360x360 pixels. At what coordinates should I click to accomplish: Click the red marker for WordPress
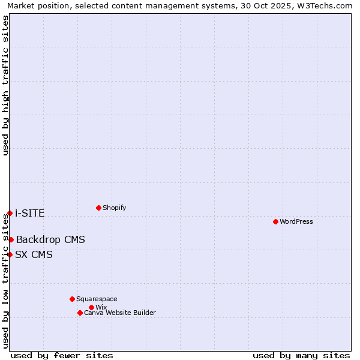tap(275, 221)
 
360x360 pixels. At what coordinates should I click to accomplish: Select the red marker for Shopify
tap(98, 208)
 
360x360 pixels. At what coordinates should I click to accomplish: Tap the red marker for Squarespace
tap(72, 299)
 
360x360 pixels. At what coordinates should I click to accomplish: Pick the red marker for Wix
tap(91, 307)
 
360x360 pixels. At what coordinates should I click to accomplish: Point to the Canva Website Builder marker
tap(80, 313)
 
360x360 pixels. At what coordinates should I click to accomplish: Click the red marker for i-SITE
tap(10, 213)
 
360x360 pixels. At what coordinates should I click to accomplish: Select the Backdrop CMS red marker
tap(11, 239)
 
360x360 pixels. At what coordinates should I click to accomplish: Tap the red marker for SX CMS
tap(10, 254)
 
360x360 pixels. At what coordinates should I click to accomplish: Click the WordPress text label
tap(296, 221)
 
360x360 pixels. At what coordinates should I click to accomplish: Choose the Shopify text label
tap(115, 208)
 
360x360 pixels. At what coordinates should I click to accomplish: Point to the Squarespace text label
tap(97, 299)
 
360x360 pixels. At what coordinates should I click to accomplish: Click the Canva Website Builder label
tap(120, 313)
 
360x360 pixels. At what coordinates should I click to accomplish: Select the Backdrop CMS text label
tap(50, 240)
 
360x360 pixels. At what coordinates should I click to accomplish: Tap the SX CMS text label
tap(34, 255)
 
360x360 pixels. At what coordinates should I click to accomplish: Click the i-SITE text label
tap(29, 214)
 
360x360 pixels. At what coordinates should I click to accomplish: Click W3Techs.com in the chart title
tap(326, 5)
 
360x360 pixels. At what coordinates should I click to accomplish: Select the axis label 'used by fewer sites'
tap(62, 355)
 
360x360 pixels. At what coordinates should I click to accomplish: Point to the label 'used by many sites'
tap(301, 355)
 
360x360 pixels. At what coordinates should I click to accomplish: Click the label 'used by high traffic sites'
tap(5, 85)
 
